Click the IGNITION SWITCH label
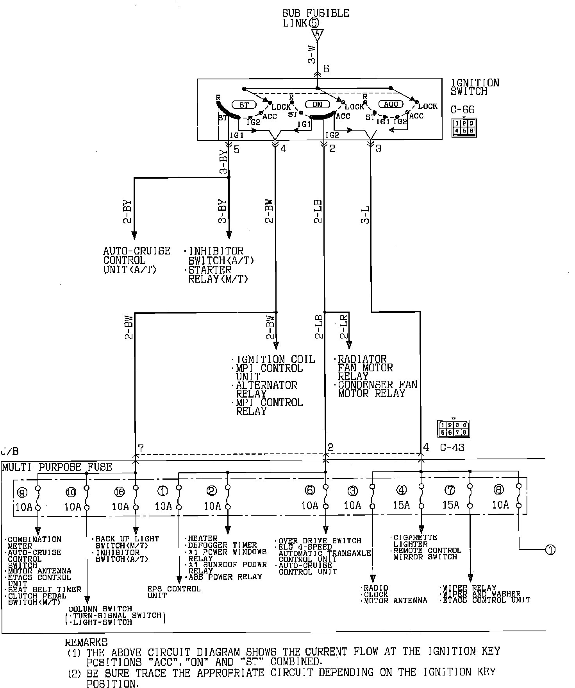[x=475, y=87]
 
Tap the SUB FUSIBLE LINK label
[x=315, y=18]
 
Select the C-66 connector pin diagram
[x=464, y=127]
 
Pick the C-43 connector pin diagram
[x=454, y=428]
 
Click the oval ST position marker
[x=244, y=105]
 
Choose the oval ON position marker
[x=317, y=104]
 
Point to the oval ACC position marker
[x=391, y=104]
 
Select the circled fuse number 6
[x=309, y=490]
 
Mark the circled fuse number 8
[x=499, y=490]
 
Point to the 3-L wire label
[x=366, y=214]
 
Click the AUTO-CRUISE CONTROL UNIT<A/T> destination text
[x=136, y=260]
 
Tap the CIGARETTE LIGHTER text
[x=415, y=541]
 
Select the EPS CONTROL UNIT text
[x=173, y=592]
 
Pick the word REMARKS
[x=86, y=642]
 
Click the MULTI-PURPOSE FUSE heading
[x=57, y=467]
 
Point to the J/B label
[x=9, y=452]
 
